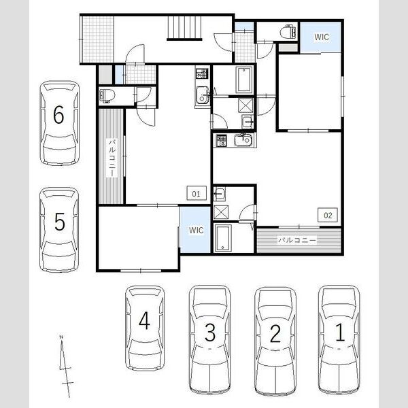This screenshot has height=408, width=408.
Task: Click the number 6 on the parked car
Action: click(58, 115)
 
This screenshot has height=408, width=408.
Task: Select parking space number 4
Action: click(144, 320)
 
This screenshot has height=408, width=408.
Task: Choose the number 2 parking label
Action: click(275, 333)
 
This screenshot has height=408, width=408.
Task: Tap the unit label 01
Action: click(197, 194)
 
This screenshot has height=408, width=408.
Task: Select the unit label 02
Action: click(328, 215)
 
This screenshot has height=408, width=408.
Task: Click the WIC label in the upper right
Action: click(322, 37)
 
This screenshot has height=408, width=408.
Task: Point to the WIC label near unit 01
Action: click(197, 230)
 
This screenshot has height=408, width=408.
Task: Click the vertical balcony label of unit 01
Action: click(112, 158)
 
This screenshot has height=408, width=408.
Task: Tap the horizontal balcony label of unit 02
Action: click(297, 240)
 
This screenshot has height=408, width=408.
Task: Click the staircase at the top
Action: click(184, 28)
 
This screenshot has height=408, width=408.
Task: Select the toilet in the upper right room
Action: click(288, 32)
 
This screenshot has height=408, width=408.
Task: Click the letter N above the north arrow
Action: click(61, 337)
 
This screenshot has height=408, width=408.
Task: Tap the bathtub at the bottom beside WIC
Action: click(223, 238)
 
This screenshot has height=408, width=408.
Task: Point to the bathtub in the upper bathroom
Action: click(244, 80)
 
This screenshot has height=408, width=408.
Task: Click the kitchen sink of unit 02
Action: click(243, 141)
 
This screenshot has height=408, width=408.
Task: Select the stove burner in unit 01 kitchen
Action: click(202, 73)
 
